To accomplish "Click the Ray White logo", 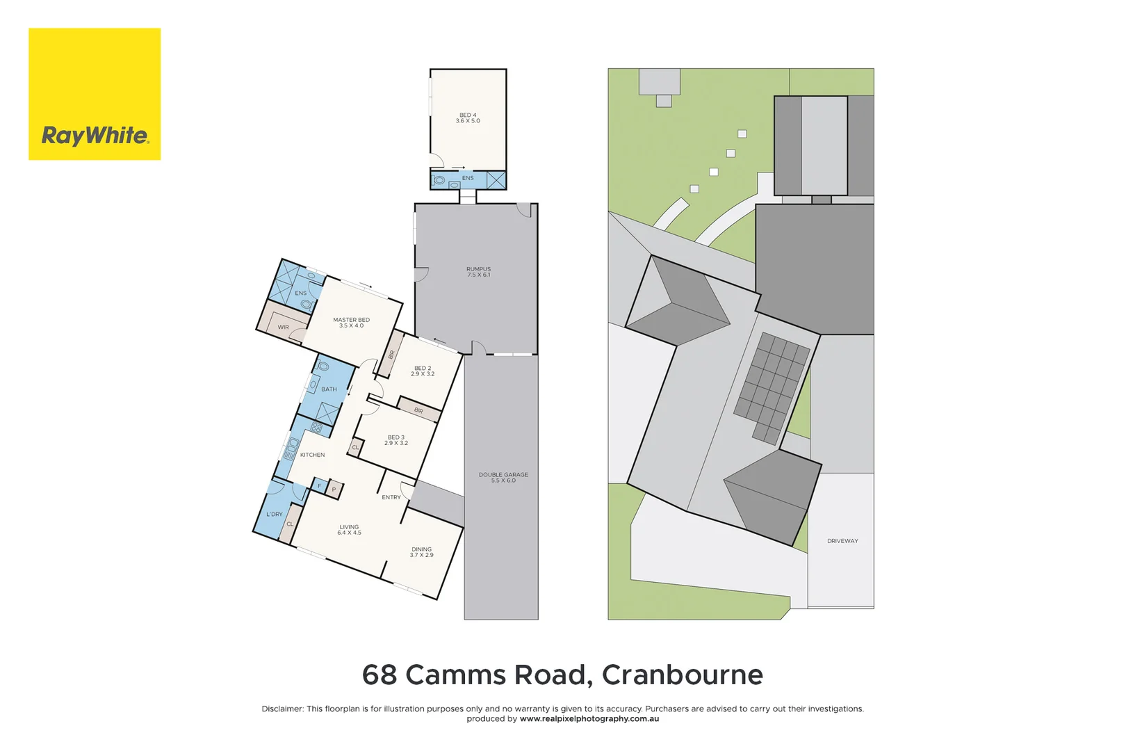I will pos(95,95).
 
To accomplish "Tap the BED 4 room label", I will pos(468,118).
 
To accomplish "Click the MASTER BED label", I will pos(351,323).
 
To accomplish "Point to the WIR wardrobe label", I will pos(284,327).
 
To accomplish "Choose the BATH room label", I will pos(329,389).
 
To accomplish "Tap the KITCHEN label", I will pos(312,455).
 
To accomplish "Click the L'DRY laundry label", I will pos(275,515).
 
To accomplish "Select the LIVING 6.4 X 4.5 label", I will pos(349,530).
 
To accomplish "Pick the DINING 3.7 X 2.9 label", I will pos(421,552).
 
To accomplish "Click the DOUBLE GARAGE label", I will pos(503,478).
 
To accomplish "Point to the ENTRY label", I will pos(391,497).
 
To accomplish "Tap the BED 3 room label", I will pos(396,440).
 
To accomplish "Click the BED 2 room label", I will pos(423,371).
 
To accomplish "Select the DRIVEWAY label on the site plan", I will pos(842,541).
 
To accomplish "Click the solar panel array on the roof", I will pos(772,387).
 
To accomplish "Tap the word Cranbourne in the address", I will pos(682,675).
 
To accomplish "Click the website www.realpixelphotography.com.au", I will pos(589,719).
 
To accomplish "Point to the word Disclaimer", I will pos(282,709).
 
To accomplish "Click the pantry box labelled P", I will pos(334,490).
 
